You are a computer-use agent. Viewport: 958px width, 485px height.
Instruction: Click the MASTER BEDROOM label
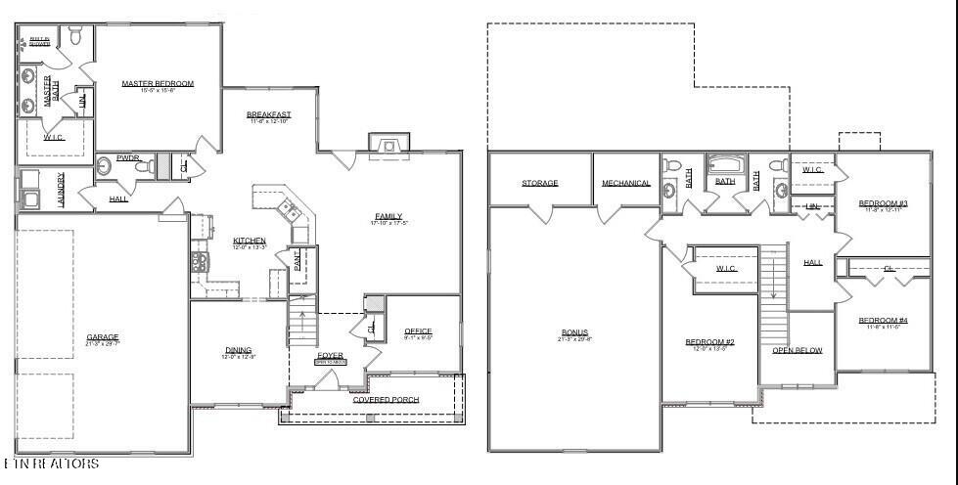tap(158, 84)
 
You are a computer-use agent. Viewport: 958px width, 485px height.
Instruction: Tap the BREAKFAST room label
tap(269, 115)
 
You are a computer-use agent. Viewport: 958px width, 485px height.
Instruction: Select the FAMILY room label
tap(388, 217)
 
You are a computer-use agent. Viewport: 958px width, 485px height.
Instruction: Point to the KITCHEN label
tap(250, 241)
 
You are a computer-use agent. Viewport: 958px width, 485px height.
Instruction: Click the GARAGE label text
tap(102, 337)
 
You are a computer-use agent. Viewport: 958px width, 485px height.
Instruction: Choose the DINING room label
tap(238, 350)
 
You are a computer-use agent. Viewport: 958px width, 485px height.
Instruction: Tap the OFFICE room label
tap(418, 331)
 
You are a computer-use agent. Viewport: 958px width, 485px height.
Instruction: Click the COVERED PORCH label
tap(386, 400)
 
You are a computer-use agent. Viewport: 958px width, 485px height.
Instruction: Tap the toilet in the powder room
tap(143, 168)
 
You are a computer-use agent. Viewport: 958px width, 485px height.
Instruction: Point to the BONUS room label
tap(574, 332)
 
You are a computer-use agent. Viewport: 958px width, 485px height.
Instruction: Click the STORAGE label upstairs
tap(539, 183)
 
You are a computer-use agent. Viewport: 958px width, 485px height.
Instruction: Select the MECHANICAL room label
tap(626, 183)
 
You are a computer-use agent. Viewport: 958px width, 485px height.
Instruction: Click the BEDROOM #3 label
tap(884, 203)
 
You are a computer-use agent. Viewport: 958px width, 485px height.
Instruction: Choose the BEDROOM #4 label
tap(884, 321)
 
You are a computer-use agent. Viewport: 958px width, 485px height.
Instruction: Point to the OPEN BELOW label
tap(798, 350)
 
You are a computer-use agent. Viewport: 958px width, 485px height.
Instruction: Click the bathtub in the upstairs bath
tap(726, 165)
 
